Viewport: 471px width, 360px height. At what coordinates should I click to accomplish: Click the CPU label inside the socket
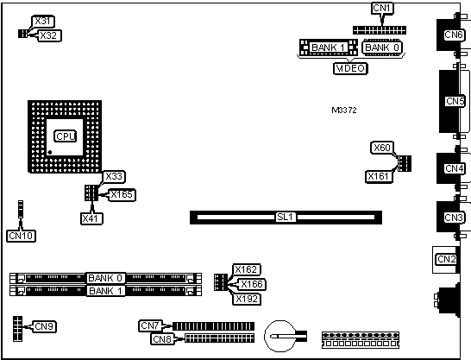[66, 136]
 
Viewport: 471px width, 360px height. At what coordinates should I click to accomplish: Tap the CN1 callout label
[382, 8]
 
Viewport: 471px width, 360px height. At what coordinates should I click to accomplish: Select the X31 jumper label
[43, 21]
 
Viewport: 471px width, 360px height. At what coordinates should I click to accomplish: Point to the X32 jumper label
[48, 35]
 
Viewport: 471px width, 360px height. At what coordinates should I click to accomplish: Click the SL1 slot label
[285, 217]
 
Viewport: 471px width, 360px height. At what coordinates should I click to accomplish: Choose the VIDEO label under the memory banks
[350, 68]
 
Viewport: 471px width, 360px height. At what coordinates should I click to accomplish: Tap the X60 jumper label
[382, 148]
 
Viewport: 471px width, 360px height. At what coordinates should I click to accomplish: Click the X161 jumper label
[379, 176]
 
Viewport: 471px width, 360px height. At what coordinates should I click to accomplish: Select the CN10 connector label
[21, 236]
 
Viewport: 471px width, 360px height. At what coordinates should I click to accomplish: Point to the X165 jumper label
[122, 195]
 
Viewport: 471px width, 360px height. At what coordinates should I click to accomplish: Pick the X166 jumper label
[252, 284]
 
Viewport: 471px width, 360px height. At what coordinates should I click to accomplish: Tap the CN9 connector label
[45, 326]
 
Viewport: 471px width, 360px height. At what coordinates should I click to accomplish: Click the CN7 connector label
[150, 325]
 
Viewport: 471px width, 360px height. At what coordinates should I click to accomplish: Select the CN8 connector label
[162, 339]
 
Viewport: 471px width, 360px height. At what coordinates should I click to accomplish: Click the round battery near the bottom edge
[281, 336]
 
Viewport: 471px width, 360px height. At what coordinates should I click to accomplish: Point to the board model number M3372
[344, 111]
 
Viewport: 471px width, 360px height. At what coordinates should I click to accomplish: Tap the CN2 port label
[446, 259]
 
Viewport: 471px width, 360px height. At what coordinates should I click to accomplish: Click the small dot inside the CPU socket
[50, 152]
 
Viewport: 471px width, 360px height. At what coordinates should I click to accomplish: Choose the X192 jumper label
[247, 299]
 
